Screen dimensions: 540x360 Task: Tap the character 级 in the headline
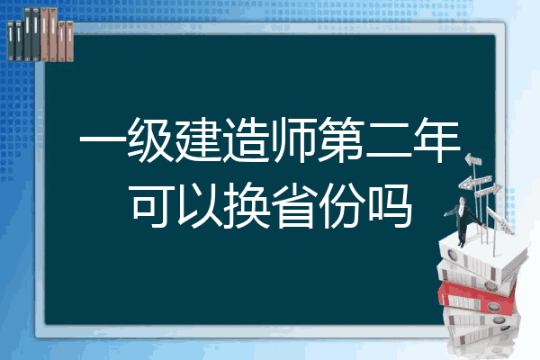pos(150,140)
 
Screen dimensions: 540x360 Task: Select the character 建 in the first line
pos(198,140)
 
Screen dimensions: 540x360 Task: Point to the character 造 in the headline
pos(246,140)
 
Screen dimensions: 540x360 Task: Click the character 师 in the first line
pos(293,140)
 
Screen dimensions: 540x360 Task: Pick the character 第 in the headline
pos(341,140)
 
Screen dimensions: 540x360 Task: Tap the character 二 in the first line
pos(389,140)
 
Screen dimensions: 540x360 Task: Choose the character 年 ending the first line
pos(436,140)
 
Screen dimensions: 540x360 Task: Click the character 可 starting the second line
pos(152,206)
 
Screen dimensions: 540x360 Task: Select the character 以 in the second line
pos(199,206)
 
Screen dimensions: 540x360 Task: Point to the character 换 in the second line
pos(247,206)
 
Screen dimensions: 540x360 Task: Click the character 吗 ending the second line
pos(389,206)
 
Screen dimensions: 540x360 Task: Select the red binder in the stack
pos(477,298)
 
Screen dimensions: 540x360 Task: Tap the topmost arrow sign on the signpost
pos(473,159)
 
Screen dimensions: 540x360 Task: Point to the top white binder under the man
pos(482,257)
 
